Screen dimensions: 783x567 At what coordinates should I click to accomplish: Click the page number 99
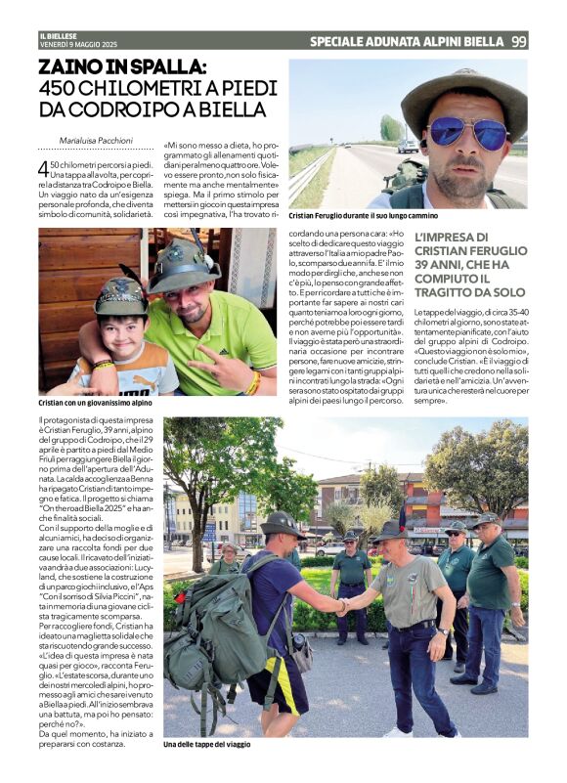pyautogui.click(x=518, y=41)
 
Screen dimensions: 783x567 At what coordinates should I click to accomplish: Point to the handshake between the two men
pyautogui.click(x=341, y=607)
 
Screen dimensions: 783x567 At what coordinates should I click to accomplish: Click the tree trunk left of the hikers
pyautogui.click(x=197, y=534)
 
